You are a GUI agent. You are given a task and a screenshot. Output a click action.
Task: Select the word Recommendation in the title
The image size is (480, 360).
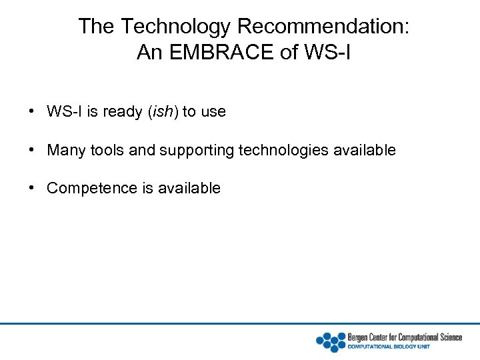pyautogui.click(x=324, y=27)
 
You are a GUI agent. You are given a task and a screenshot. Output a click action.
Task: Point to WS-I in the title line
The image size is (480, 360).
pyautogui.click(x=326, y=52)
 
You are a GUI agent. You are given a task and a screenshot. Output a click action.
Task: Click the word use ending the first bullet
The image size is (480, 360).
pyautogui.click(x=213, y=111)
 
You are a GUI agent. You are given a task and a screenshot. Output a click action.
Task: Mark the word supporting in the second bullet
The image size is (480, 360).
pyautogui.click(x=197, y=150)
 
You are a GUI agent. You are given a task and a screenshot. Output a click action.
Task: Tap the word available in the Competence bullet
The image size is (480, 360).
pyautogui.click(x=189, y=188)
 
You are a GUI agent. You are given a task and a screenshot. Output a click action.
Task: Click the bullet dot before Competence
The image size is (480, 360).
pyautogui.click(x=32, y=188)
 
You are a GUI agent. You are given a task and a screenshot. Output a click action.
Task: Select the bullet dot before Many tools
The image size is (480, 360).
pyautogui.click(x=32, y=150)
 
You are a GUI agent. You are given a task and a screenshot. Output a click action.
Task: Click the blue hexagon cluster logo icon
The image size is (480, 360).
pyautogui.click(x=331, y=341)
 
